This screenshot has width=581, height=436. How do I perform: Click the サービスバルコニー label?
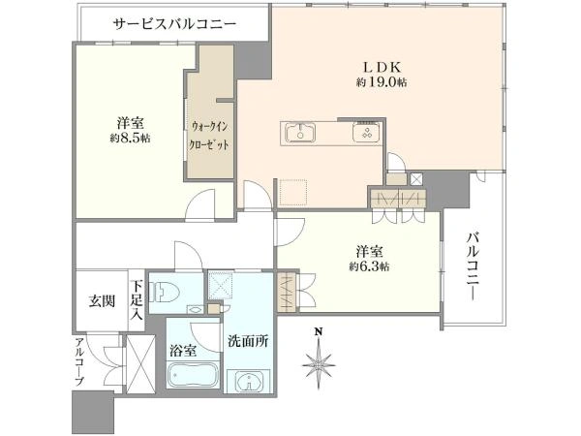(174, 24)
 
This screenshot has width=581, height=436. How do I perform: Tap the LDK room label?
(382, 68)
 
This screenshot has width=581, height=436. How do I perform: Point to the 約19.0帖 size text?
(382, 82)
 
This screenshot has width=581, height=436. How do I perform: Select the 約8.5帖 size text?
(130, 139)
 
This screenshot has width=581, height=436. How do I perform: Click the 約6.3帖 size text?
(369, 266)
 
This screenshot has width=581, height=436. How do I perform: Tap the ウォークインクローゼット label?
(208, 136)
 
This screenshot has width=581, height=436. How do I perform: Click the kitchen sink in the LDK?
(300, 133)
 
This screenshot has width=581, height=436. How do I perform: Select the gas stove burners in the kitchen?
(366, 133)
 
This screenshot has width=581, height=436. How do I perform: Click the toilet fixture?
(164, 293)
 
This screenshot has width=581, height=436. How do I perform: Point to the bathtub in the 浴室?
(193, 374)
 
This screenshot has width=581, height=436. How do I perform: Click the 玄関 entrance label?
(102, 301)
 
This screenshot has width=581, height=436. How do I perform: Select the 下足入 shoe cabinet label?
(138, 300)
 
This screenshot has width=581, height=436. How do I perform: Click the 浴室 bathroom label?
(183, 351)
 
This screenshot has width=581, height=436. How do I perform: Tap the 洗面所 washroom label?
(248, 341)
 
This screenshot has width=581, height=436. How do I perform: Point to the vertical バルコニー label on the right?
(473, 265)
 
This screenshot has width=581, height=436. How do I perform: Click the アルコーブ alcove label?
(79, 362)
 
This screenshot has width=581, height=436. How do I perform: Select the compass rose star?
(319, 363)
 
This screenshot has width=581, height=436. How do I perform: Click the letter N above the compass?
(318, 331)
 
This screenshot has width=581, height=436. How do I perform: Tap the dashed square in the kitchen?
(292, 192)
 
